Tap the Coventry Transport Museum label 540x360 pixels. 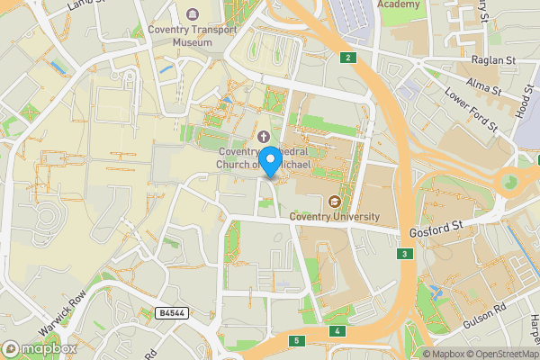tap(192, 35)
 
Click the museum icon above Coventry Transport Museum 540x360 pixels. tap(192, 14)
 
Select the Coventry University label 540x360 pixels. tap(335, 217)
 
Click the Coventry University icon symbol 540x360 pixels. tap(335, 202)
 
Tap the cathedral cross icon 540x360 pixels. tap(265, 137)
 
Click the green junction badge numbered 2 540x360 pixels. tap(347, 58)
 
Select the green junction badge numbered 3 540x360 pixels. tap(406, 255)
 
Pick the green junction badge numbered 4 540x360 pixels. tap(337, 332)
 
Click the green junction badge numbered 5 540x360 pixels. tap(296, 340)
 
